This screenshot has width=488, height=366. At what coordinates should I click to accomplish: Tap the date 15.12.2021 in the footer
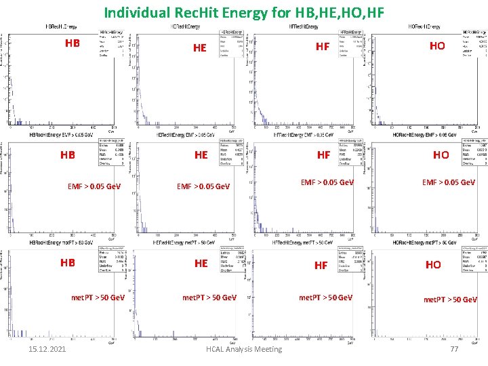click(x=43, y=348)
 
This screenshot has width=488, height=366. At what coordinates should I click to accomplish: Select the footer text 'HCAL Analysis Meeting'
click(x=244, y=348)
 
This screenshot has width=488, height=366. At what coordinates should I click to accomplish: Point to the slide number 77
click(x=455, y=348)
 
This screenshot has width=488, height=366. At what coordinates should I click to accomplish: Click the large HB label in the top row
click(x=73, y=43)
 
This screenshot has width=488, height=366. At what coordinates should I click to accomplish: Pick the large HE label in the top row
click(x=200, y=47)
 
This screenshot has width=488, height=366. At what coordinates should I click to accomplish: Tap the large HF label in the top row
click(x=323, y=46)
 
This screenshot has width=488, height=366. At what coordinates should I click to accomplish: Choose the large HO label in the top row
click(x=438, y=45)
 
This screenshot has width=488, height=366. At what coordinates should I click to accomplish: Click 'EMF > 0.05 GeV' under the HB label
click(x=94, y=186)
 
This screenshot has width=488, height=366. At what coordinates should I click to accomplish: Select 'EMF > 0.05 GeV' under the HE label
click(x=203, y=186)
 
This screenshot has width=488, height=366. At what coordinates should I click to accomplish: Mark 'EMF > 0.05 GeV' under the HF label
click(x=327, y=182)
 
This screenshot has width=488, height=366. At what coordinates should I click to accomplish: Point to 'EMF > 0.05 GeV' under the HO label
click(x=449, y=182)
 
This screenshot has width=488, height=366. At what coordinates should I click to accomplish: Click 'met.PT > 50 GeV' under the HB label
click(x=98, y=298)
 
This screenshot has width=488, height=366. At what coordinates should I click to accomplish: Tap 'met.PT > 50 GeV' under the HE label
click(x=209, y=298)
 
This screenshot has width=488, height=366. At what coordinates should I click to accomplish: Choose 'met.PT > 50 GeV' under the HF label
click(x=325, y=298)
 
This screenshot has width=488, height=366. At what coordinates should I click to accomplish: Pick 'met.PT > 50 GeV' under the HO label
click(x=450, y=300)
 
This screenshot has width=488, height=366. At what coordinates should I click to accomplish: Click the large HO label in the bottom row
click(x=433, y=265)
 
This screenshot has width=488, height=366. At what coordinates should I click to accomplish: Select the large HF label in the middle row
click(x=324, y=155)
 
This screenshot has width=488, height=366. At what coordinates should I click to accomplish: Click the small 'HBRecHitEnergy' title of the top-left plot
click(x=60, y=26)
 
